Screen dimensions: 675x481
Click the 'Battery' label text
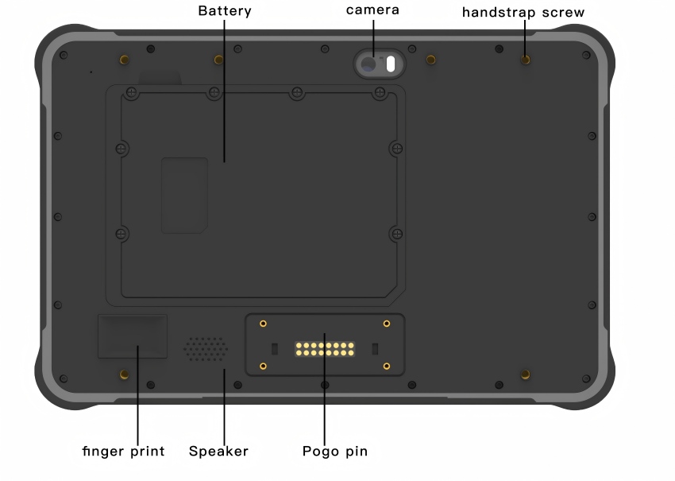(225, 11)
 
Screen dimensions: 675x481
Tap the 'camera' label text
(372, 10)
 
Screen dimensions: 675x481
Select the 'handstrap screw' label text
(523, 12)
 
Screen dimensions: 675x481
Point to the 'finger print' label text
(124, 451)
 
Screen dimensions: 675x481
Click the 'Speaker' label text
(218, 451)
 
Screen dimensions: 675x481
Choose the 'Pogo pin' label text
(335, 451)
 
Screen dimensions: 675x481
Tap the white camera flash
(391, 64)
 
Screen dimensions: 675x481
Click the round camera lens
(368, 64)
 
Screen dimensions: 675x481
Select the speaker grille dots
(206, 349)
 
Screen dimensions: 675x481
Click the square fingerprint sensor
(133, 336)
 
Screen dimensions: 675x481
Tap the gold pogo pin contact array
(325, 349)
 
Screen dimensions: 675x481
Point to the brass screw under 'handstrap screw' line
(525, 60)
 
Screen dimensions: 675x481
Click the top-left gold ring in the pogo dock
(263, 324)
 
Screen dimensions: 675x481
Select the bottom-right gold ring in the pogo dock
(387, 366)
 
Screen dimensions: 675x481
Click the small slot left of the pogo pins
(275, 349)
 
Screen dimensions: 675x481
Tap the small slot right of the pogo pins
(375, 349)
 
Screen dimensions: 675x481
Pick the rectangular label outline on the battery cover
(185, 196)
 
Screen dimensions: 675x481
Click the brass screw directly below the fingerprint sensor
(124, 374)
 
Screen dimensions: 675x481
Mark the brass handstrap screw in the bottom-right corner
(525, 374)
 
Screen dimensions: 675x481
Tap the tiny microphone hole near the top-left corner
(91, 72)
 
